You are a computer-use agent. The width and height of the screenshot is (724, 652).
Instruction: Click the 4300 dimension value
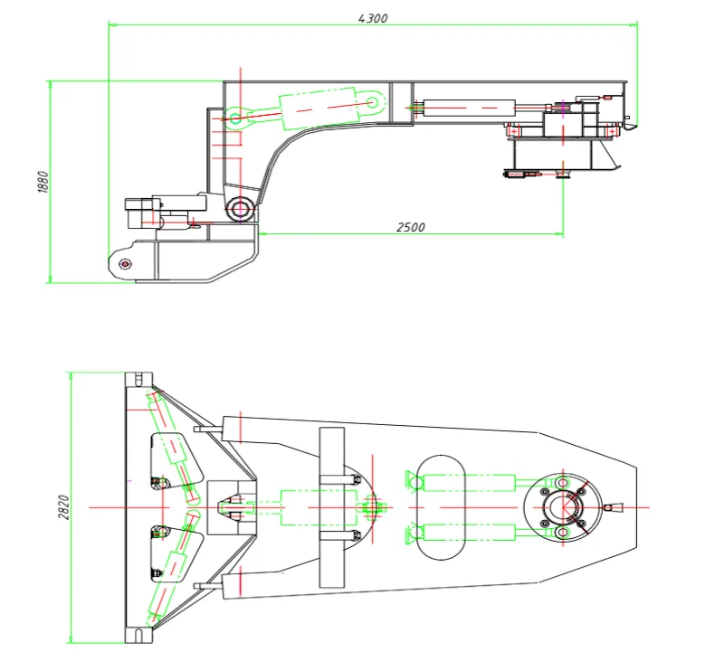373,18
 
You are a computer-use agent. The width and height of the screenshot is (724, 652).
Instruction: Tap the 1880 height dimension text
43,182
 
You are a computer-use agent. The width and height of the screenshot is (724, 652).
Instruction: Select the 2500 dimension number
411,227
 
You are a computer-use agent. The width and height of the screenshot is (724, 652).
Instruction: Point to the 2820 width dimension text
63,507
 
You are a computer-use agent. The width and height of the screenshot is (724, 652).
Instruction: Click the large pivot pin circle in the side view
240,209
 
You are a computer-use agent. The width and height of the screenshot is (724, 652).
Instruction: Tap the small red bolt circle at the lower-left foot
125,264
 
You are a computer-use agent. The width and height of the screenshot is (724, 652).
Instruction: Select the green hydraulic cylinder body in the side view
319,108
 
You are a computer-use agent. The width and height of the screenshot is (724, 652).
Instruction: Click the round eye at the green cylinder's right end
372,102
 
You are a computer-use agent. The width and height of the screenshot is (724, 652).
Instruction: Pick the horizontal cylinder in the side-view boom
469,108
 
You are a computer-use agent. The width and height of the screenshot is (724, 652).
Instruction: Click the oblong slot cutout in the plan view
441,507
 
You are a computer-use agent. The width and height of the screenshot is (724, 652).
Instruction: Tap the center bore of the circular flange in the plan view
563,507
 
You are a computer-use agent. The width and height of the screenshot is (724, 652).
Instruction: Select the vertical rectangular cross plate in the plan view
332,507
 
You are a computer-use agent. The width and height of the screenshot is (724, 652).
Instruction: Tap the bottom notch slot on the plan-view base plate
138,636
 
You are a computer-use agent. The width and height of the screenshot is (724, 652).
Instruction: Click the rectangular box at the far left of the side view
138,213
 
